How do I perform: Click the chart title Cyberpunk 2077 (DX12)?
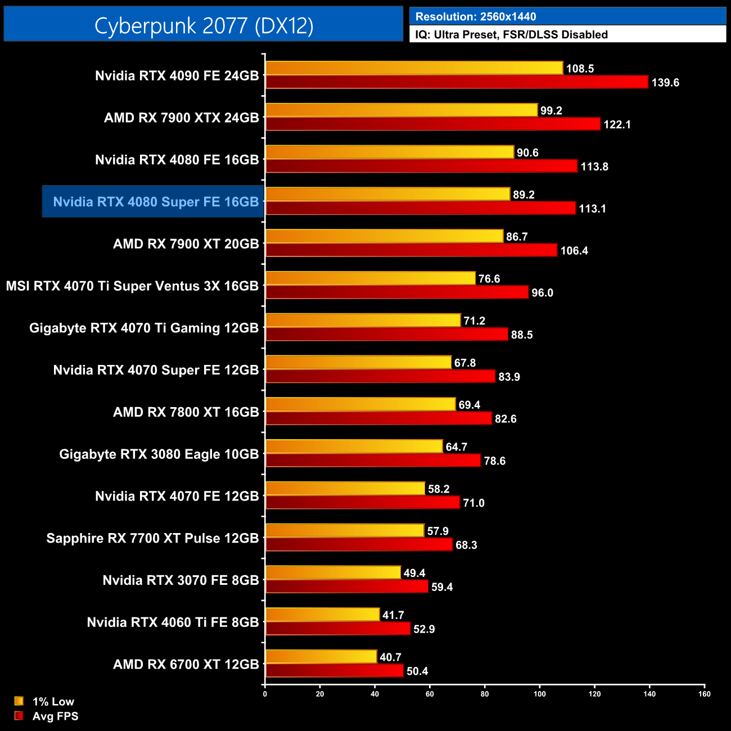coord(204,25)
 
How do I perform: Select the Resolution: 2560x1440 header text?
coord(476,17)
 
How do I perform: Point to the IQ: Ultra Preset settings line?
coord(511,34)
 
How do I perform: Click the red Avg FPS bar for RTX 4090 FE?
coord(457,82)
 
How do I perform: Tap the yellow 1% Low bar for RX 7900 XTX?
coord(401,110)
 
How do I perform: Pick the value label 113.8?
coord(594,166)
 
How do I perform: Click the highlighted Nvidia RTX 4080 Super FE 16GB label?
coord(156,202)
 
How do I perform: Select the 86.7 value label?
coord(517,237)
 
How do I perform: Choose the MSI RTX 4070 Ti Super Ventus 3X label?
coord(132,286)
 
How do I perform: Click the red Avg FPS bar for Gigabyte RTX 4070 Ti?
coord(386,335)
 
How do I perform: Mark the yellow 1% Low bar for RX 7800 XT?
coord(360,404)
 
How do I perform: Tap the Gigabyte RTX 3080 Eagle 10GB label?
coord(159,454)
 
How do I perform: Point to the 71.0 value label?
coord(473,503)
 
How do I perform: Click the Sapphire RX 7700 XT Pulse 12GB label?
coord(152,538)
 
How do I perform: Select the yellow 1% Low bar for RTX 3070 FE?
coord(333,572)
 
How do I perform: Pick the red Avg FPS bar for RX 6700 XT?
coord(334,671)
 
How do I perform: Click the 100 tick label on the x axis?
coord(539,694)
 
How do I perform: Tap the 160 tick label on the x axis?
coord(704,694)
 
